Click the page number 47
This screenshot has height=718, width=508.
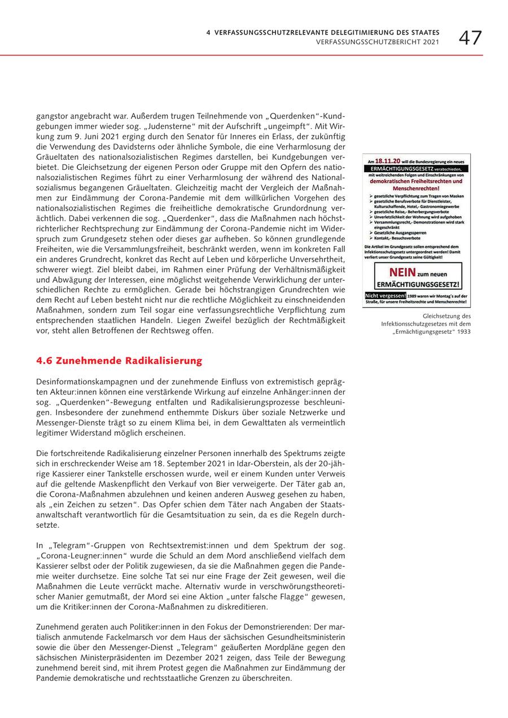[470, 38]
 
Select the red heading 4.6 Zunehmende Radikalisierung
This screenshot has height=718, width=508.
[119, 361]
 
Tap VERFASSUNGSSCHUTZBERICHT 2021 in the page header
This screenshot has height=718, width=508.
[377, 42]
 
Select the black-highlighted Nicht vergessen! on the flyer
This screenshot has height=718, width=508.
[386, 295]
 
